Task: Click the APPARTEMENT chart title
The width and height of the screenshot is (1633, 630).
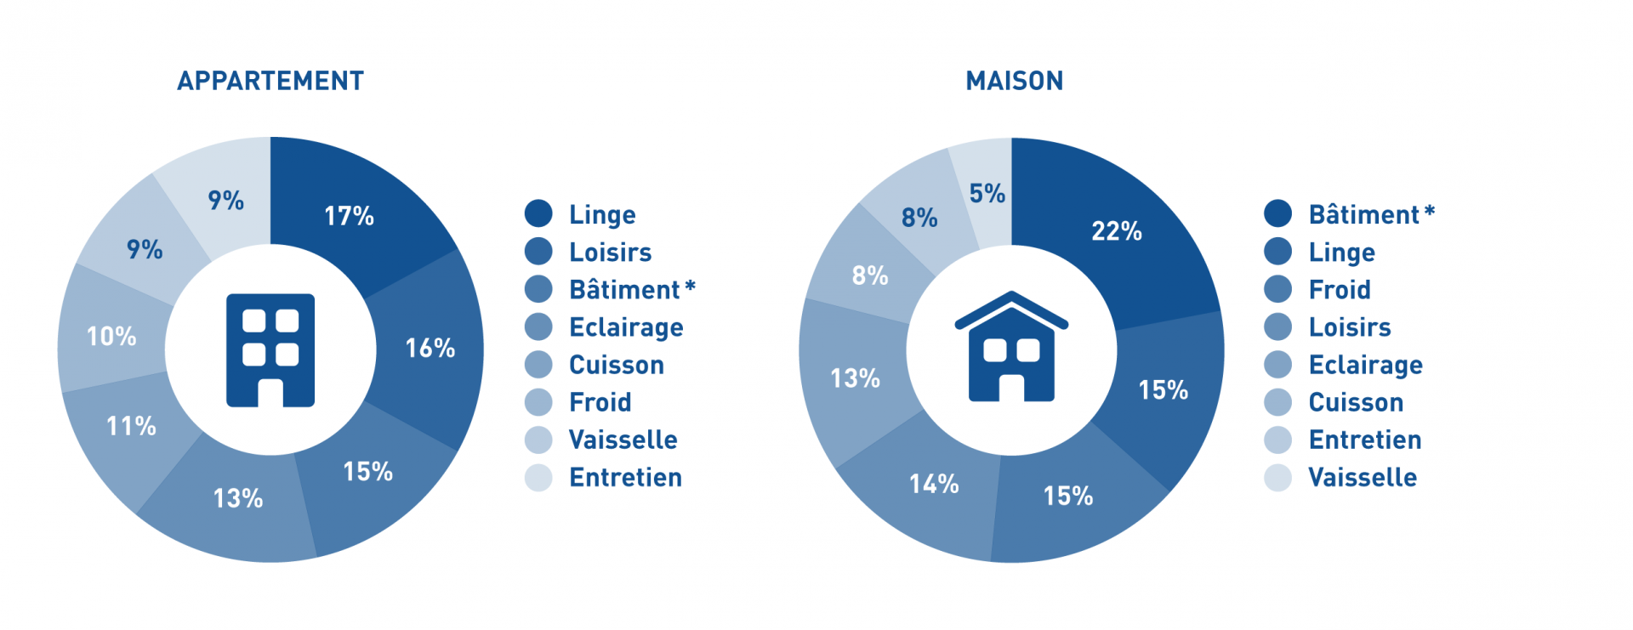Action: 270,81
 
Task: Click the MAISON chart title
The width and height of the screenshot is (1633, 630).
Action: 1015,81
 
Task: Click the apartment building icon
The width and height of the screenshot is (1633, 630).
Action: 270,350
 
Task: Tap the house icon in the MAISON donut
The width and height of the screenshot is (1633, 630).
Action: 1011,346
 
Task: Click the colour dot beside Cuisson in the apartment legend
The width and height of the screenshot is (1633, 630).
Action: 538,364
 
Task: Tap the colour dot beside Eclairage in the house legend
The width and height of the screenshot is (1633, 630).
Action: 1277,364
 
